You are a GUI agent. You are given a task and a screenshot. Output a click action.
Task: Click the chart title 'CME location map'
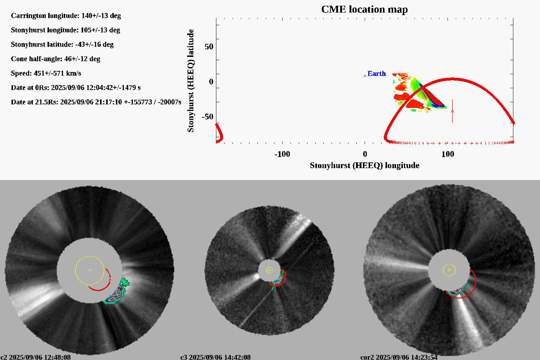tap(364, 9)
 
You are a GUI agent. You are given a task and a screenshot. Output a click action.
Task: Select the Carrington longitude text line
tap(66, 15)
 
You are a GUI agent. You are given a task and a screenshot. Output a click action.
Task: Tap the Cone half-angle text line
tap(55, 59)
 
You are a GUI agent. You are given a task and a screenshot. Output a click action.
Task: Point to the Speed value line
tap(46, 73)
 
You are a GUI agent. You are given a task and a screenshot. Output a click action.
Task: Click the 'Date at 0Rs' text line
tap(76, 87)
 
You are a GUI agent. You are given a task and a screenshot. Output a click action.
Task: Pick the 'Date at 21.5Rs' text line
tap(96, 102)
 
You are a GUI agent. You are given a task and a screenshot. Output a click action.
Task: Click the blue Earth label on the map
tap(376, 73)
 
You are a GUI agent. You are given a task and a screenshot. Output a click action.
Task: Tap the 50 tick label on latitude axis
tap(209, 46)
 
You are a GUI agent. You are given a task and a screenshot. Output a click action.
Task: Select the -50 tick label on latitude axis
tap(207, 117)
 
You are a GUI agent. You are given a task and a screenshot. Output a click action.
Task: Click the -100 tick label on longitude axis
tap(282, 154)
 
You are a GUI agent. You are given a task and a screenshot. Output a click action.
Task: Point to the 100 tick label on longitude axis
tap(447, 154)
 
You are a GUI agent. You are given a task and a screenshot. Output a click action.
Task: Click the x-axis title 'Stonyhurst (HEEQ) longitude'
tap(364, 165)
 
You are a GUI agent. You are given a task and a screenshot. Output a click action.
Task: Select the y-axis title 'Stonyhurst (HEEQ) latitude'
tap(190, 81)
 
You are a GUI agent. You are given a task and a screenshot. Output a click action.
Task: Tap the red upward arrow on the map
tap(452, 111)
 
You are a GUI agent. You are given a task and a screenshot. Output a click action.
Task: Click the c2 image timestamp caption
tap(36, 357)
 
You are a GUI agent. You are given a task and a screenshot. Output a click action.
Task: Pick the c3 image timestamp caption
tap(215, 357)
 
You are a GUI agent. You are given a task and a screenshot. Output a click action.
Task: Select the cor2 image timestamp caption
tap(399, 357)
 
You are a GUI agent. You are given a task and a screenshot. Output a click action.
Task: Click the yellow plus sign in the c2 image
tap(90, 270)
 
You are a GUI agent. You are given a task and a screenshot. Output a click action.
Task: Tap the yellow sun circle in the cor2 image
tap(449, 270)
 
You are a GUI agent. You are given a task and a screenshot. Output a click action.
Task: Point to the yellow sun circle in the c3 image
tap(270, 270)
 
